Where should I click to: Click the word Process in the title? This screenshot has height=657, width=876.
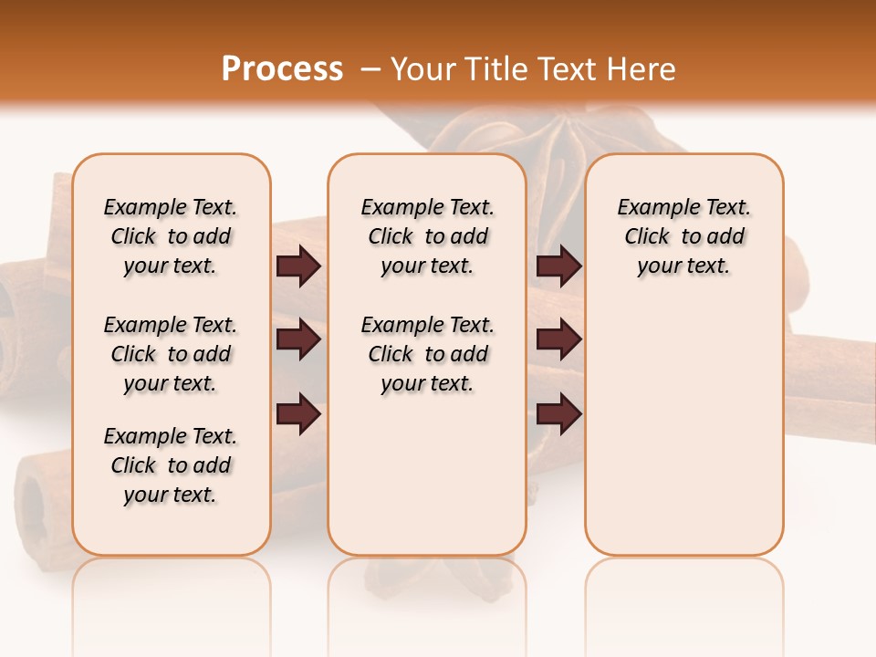pyautogui.click(x=282, y=69)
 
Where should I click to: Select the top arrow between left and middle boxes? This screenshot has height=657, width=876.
pyautogui.click(x=298, y=266)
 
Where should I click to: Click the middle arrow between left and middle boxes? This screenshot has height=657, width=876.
pyautogui.click(x=298, y=340)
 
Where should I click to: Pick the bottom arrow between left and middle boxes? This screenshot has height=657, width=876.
pyautogui.click(x=298, y=413)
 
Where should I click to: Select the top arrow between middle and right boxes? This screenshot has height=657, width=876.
pyautogui.click(x=558, y=266)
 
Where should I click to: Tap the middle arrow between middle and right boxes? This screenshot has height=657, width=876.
pyautogui.click(x=558, y=340)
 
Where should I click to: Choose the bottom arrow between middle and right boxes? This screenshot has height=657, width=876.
pyautogui.click(x=558, y=413)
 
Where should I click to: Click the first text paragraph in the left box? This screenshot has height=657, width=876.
pyautogui.click(x=171, y=236)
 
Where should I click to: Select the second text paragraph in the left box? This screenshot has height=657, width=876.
pyautogui.click(x=171, y=354)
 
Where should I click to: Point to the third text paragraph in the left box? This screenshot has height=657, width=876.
pyautogui.click(x=171, y=465)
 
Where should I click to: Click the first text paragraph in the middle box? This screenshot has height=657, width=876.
pyautogui.click(x=427, y=236)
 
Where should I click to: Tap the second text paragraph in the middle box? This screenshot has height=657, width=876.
pyautogui.click(x=427, y=354)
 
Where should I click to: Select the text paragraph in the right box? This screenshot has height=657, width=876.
pyautogui.click(x=684, y=236)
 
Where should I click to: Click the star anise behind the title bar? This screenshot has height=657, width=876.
pyautogui.click(x=547, y=137)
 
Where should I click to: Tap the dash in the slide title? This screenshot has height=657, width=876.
pyautogui.click(x=370, y=69)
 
